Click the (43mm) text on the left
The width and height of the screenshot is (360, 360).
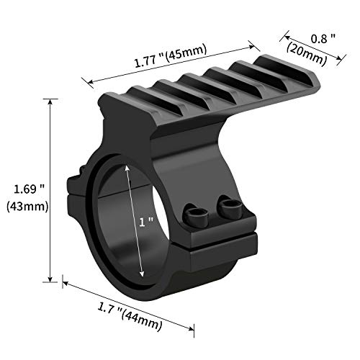[x=26, y=208]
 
